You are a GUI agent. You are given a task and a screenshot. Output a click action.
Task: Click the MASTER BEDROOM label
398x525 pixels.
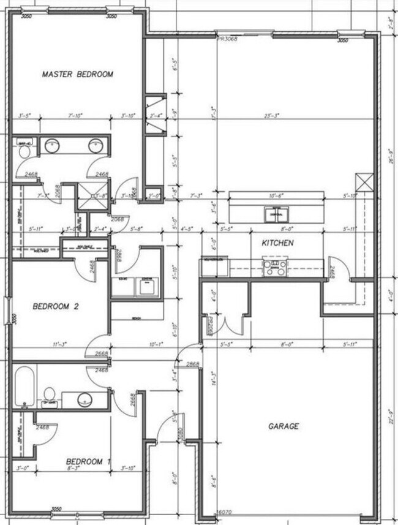[78, 74]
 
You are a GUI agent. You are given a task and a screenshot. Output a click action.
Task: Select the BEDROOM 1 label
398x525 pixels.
[88, 461]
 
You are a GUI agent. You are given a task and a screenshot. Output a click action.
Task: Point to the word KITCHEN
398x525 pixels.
[277, 243]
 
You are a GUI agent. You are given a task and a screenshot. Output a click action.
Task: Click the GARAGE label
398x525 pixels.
[283, 426]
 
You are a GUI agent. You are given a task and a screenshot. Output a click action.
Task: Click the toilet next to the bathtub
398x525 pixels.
[48, 395]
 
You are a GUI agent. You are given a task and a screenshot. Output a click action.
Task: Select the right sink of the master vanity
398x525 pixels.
[95, 146]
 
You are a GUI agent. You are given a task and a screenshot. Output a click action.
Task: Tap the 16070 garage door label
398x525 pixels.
[225, 512]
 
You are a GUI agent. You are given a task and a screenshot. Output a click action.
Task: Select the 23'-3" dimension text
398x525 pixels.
[285, 116]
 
